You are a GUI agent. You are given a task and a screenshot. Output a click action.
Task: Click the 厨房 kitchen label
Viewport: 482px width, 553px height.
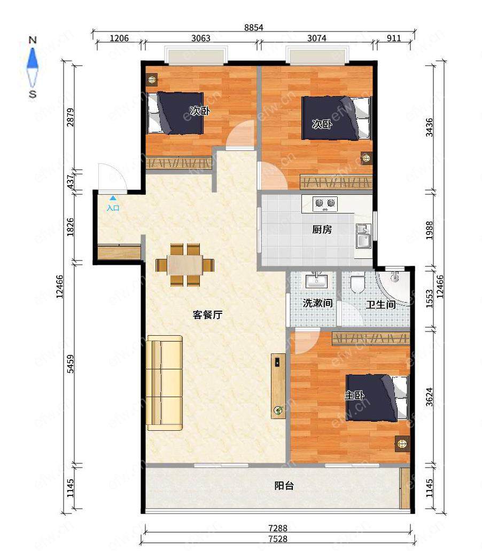click(322, 230)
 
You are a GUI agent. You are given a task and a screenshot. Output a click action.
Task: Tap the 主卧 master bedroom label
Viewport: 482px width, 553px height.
click(354, 396)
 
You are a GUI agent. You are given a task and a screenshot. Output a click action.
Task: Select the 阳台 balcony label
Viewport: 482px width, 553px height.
click(284, 486)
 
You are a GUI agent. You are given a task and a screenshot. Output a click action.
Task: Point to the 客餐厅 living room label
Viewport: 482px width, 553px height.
click(207, 314)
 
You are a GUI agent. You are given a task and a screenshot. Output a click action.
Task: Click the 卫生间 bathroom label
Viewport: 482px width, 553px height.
click(380, 304)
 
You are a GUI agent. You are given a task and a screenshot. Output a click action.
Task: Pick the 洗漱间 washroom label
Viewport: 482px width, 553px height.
click(317, 303)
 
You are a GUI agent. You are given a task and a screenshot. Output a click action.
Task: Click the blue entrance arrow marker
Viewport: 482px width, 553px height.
click(113, 199)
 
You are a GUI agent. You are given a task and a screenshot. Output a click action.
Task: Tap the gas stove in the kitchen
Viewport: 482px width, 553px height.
click(325, 204)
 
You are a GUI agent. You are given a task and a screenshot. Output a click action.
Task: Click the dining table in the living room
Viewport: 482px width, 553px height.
click(185, 265)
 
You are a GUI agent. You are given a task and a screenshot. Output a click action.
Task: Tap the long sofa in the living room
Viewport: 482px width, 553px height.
click(165, 383)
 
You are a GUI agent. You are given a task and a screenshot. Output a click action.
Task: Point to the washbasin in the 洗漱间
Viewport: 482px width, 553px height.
click(317, 280)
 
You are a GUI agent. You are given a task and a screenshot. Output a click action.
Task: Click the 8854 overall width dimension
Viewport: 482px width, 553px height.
click(253, 28)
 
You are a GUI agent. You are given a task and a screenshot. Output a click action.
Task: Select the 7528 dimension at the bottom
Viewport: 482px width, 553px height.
click(278, 539)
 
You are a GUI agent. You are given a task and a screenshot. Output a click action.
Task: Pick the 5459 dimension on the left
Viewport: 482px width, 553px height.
click(71, 364)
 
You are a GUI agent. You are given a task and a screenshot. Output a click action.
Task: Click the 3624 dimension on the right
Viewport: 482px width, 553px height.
click(429, 397)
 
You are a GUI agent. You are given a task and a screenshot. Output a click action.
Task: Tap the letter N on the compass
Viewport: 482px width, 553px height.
click(33, 40)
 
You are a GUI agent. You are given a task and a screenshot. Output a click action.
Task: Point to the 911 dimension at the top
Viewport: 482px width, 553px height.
click(394, 38)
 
